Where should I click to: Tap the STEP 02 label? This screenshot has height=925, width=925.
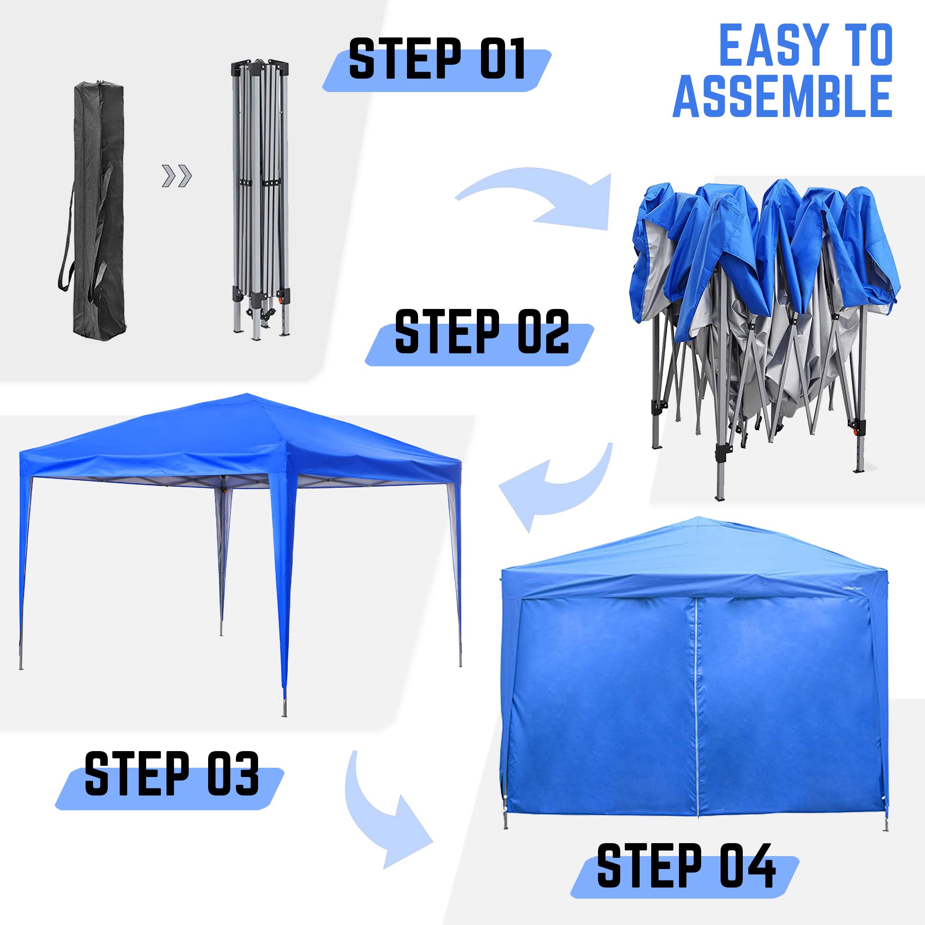[481, 332]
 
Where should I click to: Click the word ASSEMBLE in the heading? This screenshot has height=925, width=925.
[783, 97]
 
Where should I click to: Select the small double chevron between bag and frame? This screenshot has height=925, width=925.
[177, 176]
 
